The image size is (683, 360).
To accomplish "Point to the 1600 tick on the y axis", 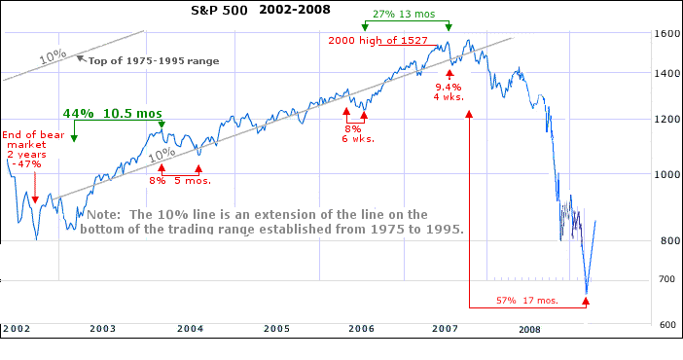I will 666,33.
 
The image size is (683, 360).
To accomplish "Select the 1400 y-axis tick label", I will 666,73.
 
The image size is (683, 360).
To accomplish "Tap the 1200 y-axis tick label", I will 666,119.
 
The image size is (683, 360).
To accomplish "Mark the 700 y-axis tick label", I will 666,280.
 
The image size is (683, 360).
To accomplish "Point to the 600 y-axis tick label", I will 666,324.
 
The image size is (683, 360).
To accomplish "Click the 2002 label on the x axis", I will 17,330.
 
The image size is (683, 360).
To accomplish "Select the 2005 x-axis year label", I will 276,330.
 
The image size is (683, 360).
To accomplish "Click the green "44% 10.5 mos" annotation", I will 112,114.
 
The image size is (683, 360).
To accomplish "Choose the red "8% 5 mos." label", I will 180,180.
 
